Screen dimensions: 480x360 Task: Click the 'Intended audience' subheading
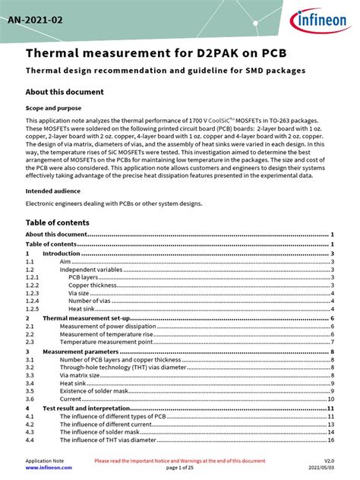pos(52,191)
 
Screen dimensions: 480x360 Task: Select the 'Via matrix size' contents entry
pos(81,375)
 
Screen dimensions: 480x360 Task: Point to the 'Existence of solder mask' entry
pos(93,390)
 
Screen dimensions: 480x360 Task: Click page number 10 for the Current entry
pos(332,399)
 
